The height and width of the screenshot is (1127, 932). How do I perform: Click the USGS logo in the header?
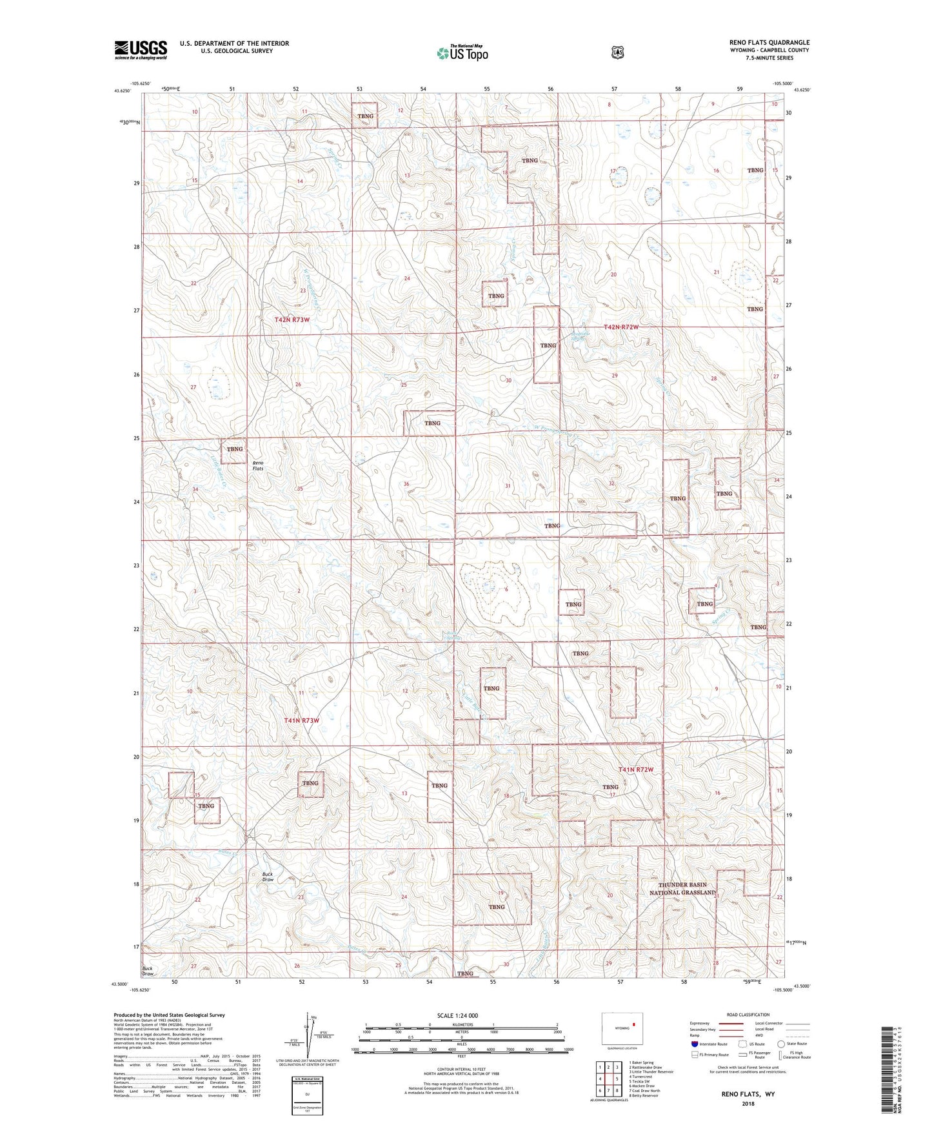[x=141, y=50]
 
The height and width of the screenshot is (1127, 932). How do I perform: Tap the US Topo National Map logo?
[x=462, y=53]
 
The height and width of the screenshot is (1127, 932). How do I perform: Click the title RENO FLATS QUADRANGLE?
[x=769, y=43]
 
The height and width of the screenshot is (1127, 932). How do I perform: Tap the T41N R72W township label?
[x=636, y=769]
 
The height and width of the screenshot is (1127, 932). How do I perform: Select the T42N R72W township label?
[x=620, y=327]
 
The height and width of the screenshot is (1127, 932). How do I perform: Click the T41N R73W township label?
[x=302, y=720]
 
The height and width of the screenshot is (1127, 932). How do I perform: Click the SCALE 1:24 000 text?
[x=457, y=1015]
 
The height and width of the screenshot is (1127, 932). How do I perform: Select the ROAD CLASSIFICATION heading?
[x=748, y=1015]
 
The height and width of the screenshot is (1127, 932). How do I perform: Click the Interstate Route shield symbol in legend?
[x=694, y=1044]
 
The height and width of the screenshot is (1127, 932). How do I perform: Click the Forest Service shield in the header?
[x=618, y=52]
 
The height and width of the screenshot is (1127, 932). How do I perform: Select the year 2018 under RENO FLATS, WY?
[x=748, y=1103]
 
